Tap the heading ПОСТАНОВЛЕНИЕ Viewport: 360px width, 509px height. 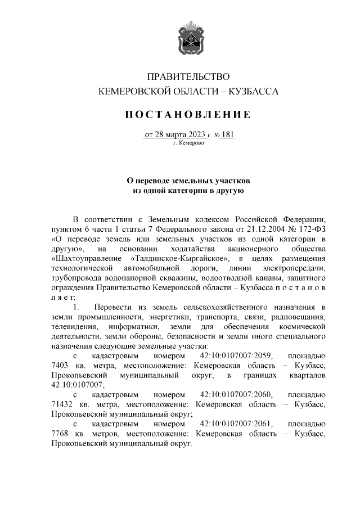188,115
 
